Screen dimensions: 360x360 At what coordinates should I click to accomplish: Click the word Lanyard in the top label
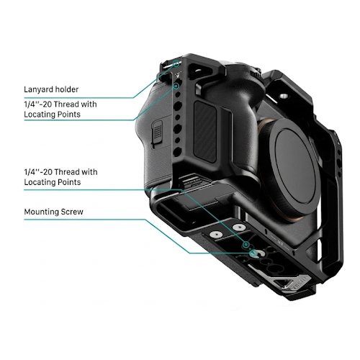click(39, 90)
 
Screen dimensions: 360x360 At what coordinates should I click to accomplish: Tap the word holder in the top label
click(67, 89)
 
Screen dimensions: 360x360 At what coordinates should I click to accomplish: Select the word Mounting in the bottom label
click(42, 212)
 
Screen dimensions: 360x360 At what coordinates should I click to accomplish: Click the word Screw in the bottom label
click(72, 212)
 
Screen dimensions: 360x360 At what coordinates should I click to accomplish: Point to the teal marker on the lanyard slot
click(176, 64)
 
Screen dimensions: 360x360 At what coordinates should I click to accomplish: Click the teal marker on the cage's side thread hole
click(177, 86)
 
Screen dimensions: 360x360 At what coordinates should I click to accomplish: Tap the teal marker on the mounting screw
click(253, 253)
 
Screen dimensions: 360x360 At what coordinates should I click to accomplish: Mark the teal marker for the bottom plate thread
click(246, 245)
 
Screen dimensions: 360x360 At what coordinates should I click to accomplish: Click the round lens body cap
click(292, 167)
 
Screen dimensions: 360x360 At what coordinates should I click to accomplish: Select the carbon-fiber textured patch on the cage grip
click(205, 132)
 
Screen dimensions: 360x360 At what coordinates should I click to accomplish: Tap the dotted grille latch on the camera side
click(157, 132)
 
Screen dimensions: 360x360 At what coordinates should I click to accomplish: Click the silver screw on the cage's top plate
click(284, 96)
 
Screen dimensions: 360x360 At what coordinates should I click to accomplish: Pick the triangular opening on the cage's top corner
click(197, 71)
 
